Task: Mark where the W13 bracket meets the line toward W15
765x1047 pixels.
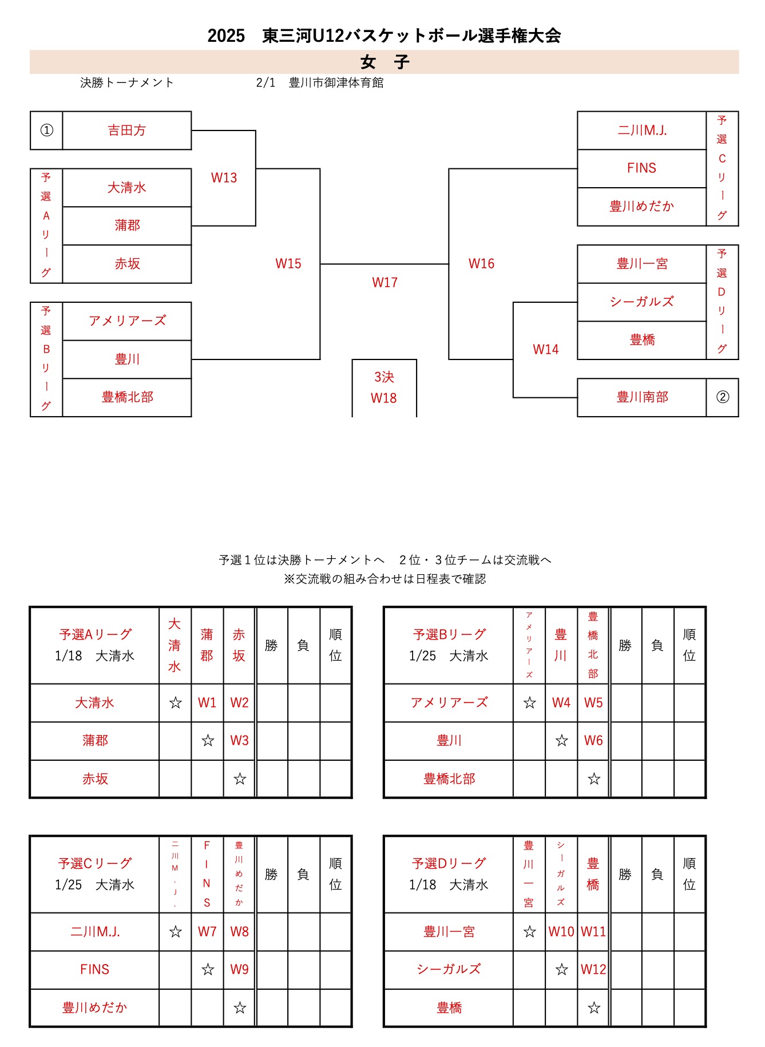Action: click(x=256, y=169)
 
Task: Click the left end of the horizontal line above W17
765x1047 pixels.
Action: click(x=320, y=264)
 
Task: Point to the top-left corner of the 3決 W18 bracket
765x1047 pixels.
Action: click(x=352, y=359)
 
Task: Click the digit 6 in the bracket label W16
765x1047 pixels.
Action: click(x=490, y=263)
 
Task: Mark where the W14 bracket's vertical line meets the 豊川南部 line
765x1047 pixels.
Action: click(x=513, y=397)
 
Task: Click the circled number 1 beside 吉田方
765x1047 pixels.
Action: click(x=46, y=131)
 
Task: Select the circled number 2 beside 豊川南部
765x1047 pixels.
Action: click(x=723, y=397)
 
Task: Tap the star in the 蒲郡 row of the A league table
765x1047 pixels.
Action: click(x=208, y=741)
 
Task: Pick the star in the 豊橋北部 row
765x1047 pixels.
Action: click(x=594, y=779)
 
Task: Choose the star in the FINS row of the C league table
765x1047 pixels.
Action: click(x=208, y=970)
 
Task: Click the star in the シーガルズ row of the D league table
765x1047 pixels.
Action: click(x=562, y=970)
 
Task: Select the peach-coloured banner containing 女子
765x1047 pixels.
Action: click(x=384, y=62)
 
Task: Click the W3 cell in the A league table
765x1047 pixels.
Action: click(x=239, y=741)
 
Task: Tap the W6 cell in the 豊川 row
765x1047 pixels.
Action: click(x=593, y=741)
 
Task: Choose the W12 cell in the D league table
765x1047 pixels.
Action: click(x=593, y=970)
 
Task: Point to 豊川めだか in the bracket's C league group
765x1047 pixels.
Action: click(x=642, y=206)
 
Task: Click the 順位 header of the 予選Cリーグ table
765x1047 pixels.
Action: click(x=335, y=874)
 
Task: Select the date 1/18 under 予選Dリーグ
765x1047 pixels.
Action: click(x=422, y=885)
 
